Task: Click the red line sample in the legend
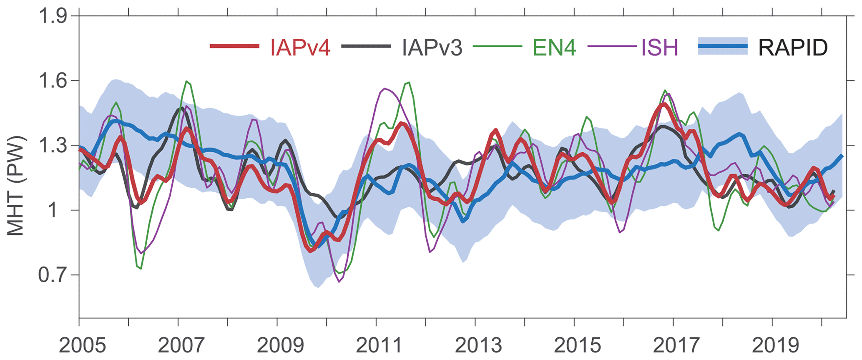(x=235, y=46)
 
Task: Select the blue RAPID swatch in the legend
(x=723, y=46)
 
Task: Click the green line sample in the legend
(x=498, y=46)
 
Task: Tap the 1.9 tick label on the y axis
(x=53, y=17)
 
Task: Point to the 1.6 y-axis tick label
(x=53, y=81)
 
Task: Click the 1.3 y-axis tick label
(x=53, y=146)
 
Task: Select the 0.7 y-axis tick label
(x=53, y=275)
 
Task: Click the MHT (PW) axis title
(x=15, y=186)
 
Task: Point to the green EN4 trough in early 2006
(x=141, y=269)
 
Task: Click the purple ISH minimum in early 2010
(x=339, y=282)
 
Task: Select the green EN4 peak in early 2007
(x=186, y=81)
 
